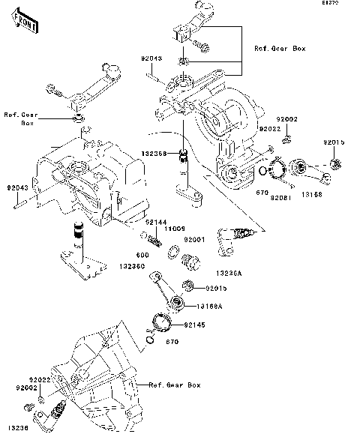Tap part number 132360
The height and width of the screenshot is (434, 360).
pyautogui.click(x=133, y=265)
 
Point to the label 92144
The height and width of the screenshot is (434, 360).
pyautogui.click(x=156, y=223)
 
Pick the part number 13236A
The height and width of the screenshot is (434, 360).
pyautogui.click(x=228, y=274)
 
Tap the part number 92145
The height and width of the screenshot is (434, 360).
pyautogui.click(x=194, y=325)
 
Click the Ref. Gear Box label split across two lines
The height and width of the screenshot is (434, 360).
pyautogui.click(x=20, y=118)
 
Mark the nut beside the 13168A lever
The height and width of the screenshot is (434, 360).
pyautogui.click(x=189, y=286)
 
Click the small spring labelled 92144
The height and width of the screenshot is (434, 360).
pyautogui.click(x=155, y=240)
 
